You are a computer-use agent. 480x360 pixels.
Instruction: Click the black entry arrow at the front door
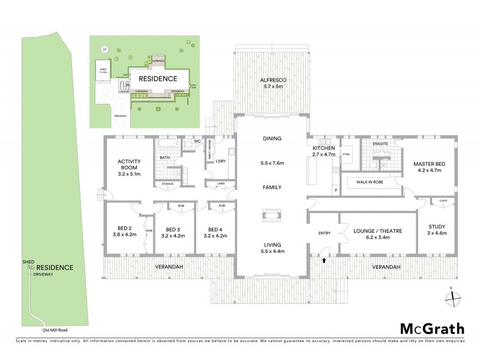pos(324,260)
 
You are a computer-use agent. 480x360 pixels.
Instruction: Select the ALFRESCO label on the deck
pos(271,80)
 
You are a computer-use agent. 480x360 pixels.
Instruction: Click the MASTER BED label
pos(428,163)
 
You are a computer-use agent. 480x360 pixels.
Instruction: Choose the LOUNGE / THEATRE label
pos(378,230)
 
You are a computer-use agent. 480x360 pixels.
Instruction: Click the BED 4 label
pos(215,229)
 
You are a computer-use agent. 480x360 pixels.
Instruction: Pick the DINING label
pos(271,138)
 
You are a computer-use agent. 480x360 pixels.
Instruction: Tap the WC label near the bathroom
pos(196,142)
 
